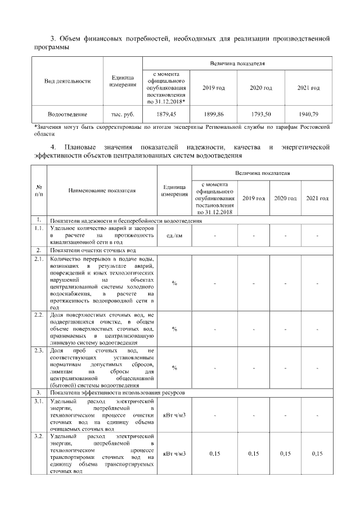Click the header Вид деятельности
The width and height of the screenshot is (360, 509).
[67, 81]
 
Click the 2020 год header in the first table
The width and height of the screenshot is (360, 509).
[261, 88]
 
